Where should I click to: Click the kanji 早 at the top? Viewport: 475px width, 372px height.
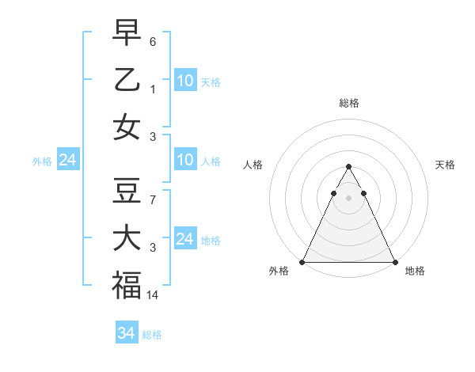(x=127, y=32)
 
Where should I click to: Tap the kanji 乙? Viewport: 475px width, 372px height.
(x=127, y=79)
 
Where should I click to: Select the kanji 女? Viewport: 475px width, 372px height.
(x=127, y=127)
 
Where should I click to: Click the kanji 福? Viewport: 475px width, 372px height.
(x=127, y=286)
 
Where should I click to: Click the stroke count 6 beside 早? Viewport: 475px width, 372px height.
(x=153, y=40)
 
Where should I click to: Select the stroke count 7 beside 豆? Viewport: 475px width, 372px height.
(x=153, y=200)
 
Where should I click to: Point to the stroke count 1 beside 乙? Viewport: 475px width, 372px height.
(x=153, y=89)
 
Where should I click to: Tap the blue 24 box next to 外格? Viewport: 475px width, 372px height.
(x=68, y=161)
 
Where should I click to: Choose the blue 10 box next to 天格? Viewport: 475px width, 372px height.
(x=185, y=81)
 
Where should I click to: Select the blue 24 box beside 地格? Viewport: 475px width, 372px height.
(x=185, y=239)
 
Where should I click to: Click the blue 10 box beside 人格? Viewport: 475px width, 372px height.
(x=185, y=161)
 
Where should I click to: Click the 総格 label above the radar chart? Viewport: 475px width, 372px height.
(x=349, y=103)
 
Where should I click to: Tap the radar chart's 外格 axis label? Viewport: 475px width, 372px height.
(x=279, y=271)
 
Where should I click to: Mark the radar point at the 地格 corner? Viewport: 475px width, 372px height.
(x=394, y=262)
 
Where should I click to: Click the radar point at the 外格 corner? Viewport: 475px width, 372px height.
(x=302, y=262)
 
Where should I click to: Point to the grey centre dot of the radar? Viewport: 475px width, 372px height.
(x=348, y=198)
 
